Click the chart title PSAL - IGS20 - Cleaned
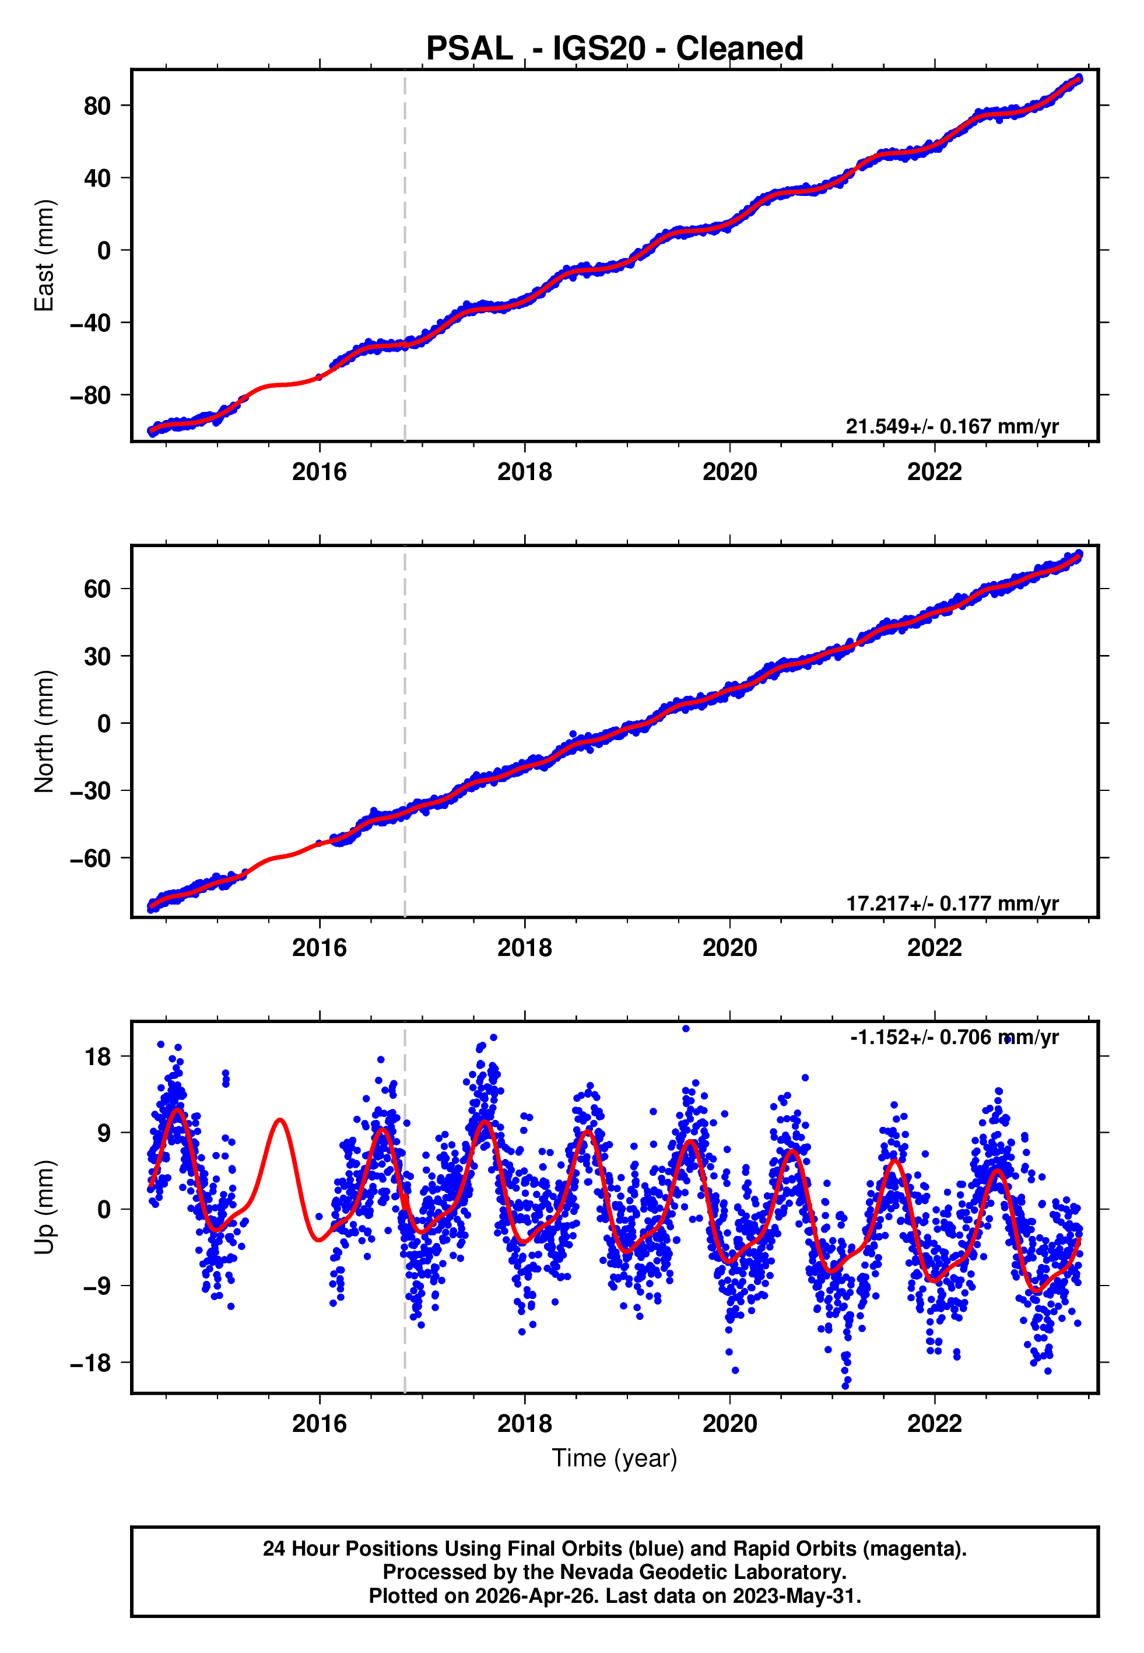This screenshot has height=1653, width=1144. pos(615,49)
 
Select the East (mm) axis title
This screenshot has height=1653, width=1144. pos(44,255)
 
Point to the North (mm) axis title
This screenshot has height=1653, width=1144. pos(44,731)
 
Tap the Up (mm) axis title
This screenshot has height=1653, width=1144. pos(44,1207)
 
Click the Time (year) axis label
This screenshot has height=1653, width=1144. pos(615,1458)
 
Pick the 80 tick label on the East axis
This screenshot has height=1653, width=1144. pos(97,106)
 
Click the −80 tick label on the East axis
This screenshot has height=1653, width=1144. pos(90,395)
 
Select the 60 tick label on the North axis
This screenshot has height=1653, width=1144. pos(97,589)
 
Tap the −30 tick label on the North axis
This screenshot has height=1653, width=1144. pos(90,791)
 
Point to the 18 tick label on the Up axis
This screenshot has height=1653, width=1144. pos(97,1056)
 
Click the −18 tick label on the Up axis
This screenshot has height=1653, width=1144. pos(90,1363)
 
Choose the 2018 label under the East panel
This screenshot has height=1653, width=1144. pos(525,472)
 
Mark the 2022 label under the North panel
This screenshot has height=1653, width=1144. pos(935,948)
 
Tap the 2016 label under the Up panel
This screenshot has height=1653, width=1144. pos(320,1424)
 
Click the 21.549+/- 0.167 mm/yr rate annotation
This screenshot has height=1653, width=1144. pos(952,426)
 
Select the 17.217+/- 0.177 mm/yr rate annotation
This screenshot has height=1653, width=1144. pos(952,903)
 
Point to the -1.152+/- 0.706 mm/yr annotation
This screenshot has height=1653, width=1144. pos(954,1037)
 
